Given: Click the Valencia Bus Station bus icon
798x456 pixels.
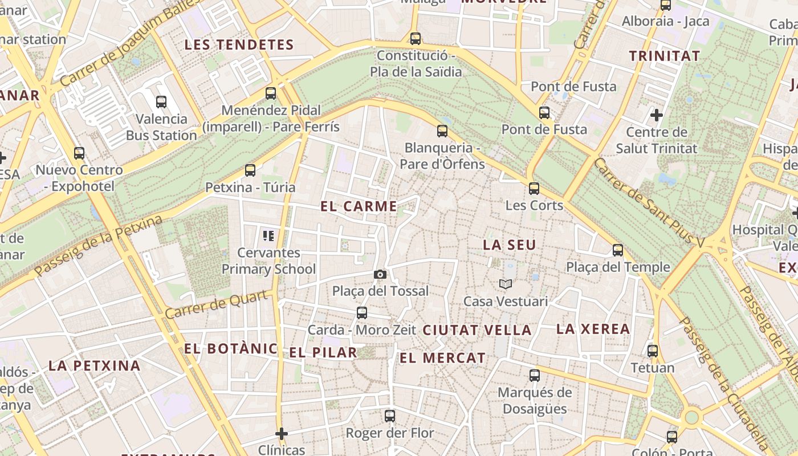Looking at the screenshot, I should tap(161, 102).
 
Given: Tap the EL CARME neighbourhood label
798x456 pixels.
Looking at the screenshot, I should tap(359, 206).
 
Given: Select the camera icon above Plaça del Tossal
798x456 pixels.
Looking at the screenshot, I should tap(380, 275).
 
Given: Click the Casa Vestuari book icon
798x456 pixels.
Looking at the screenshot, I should tap(506, 284).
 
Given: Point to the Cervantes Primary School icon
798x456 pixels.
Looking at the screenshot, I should tap(268, 235).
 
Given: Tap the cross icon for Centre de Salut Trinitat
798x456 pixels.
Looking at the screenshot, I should tap(657, 115).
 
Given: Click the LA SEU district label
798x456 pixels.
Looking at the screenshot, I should tap(510, 245).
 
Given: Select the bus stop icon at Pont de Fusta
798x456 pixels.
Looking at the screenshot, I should tap(544, 112).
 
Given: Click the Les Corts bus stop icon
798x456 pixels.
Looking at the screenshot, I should tap(534, 188).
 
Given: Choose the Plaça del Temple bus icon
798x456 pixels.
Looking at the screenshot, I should tap(618, 250).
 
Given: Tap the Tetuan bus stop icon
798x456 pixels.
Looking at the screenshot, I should tap(653, 351).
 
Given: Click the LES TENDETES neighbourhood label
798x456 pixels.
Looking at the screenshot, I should tap(239, 45).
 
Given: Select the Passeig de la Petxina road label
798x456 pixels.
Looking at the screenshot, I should tap(98, 246).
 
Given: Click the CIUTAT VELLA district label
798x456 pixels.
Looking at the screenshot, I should tap(477, 330).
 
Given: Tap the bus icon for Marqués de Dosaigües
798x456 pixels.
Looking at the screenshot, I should tap(535, 375).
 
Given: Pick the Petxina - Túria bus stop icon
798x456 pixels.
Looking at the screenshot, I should tap(250, 170).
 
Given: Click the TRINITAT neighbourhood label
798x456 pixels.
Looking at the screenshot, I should tap(665, 56).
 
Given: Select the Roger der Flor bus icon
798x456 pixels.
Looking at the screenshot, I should tap(390, 416).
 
